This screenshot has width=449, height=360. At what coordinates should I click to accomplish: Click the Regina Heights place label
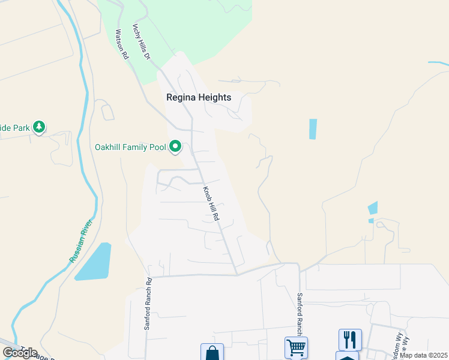199,97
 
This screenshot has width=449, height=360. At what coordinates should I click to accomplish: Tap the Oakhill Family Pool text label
130,146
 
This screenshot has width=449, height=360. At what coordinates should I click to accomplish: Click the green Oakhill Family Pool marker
175,146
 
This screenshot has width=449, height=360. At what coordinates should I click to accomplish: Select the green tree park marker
39,127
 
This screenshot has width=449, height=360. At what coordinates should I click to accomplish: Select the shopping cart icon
296,347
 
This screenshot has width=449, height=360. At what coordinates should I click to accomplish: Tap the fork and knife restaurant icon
350,339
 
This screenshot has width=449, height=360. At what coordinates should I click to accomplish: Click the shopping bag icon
212,353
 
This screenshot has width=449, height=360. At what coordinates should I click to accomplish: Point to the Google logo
20,352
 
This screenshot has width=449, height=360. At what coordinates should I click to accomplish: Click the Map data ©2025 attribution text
424,355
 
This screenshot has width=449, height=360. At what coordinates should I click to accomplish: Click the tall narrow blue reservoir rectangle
312,129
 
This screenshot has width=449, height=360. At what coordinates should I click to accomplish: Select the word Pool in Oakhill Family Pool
158,146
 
